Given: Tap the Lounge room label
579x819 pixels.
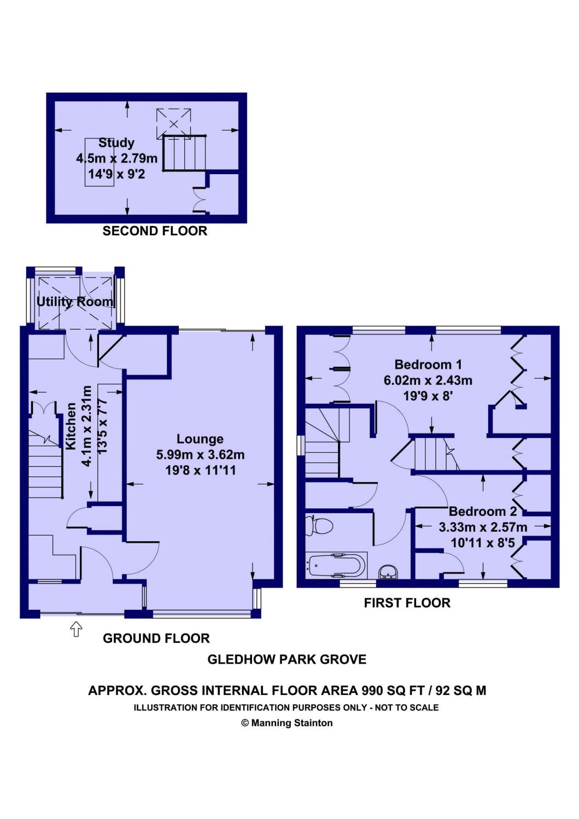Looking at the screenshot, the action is (x=200, y=439).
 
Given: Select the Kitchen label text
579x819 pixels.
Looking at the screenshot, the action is (x=71, y=426).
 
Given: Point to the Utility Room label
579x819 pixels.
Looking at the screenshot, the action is (x=75, y=301).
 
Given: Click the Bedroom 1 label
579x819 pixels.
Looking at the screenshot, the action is (x=428, y=365).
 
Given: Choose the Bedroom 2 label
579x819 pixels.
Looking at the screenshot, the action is (x=483, y=511).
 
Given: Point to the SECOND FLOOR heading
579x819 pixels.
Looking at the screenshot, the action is (x=155, y=231).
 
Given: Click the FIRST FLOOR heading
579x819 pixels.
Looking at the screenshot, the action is (x=407, y=603).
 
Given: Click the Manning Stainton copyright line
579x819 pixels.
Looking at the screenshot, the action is (x=286, y=723).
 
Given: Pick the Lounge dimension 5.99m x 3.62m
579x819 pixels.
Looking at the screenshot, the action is (x=200, y=454).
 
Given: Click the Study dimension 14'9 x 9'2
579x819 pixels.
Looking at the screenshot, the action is (x=116, y=174).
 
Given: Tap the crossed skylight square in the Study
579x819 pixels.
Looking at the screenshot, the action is (x=173, y=123).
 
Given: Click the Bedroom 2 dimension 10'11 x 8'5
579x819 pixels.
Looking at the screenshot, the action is (x=483, y=543).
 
